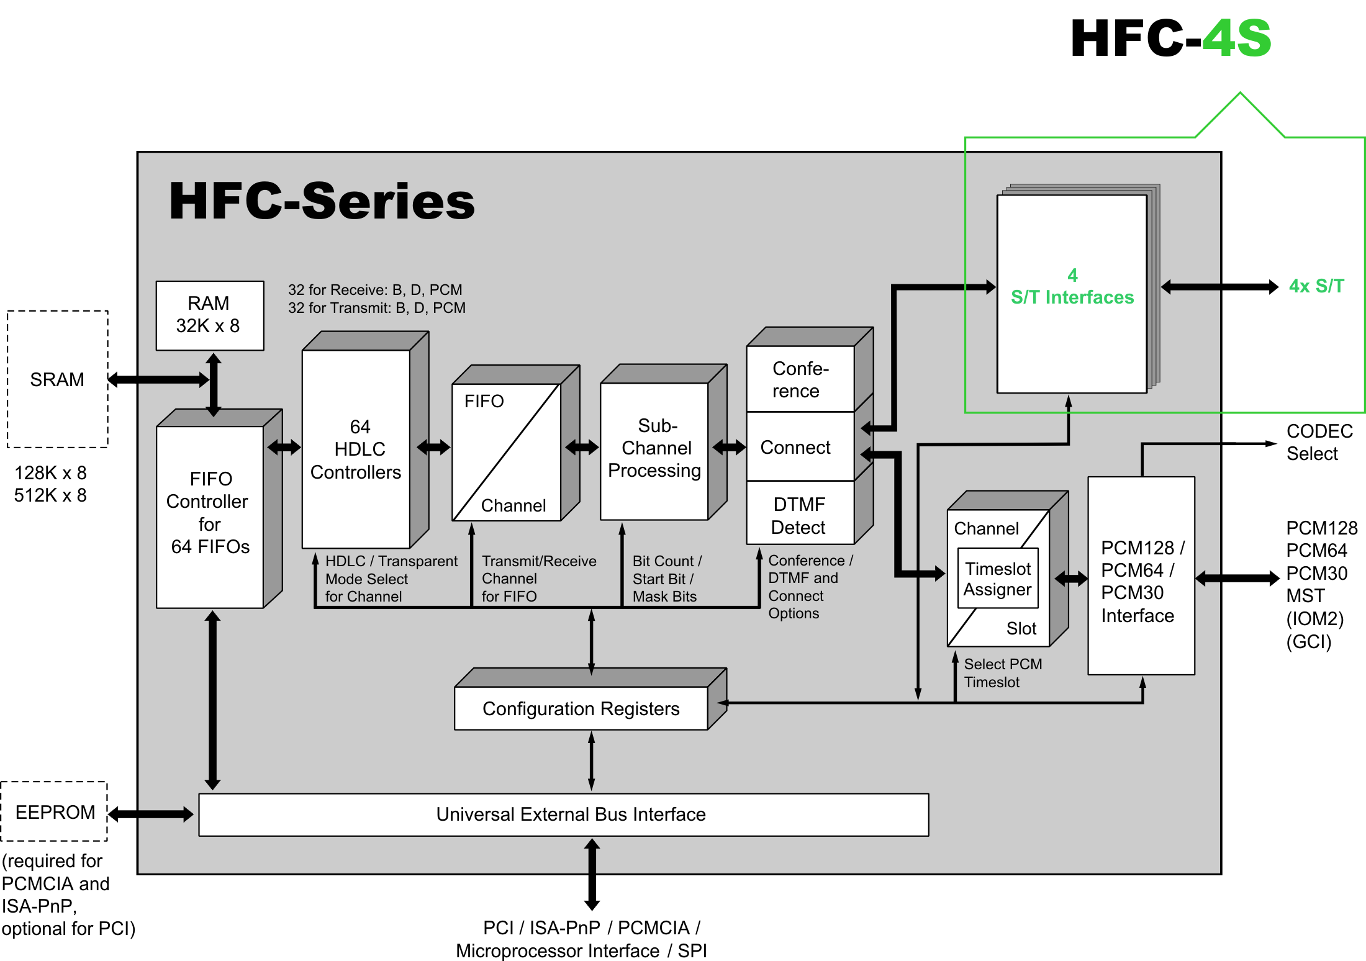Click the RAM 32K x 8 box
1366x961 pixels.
(x=209, y=315)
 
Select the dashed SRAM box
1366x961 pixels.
(x=57, y=379)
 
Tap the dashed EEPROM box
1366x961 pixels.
(x=55, y=811)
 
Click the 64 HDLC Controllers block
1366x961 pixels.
(x=356, y=449)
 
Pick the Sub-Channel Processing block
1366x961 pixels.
(x=654, y=449)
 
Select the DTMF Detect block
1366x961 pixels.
(x=799, y=515)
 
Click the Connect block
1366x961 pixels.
(x=796, y=447)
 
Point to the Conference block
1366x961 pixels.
(x=799, y=379)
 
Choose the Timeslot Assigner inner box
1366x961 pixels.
(x=998, y=579)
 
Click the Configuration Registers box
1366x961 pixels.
(x=581, y=708)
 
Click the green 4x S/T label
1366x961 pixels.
(x=1316, y=286)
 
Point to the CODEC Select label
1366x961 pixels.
(x=1318, y=442)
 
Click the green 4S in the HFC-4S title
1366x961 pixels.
(x=1236, y=38)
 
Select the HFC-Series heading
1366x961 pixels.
(x=322, y=201)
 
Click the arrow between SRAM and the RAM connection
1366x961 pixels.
(x=158, y=379)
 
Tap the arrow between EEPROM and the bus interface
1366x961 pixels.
(x=151, y=814)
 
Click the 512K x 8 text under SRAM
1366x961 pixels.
(x=50, y=495)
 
